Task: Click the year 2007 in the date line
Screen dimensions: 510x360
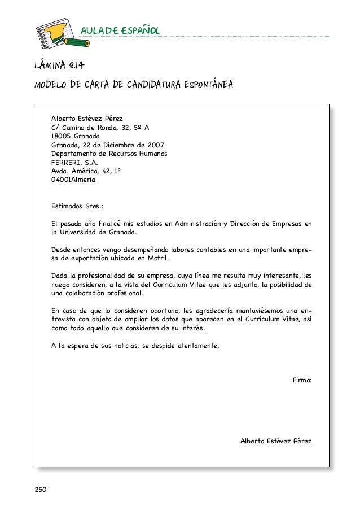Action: pos(155,145)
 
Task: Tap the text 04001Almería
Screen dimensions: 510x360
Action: pos(73,180)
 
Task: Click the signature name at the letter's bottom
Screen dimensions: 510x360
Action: pos(276,441)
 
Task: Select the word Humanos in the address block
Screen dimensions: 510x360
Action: pos(152,154)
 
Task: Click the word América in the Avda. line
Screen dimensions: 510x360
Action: pos(84,171)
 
